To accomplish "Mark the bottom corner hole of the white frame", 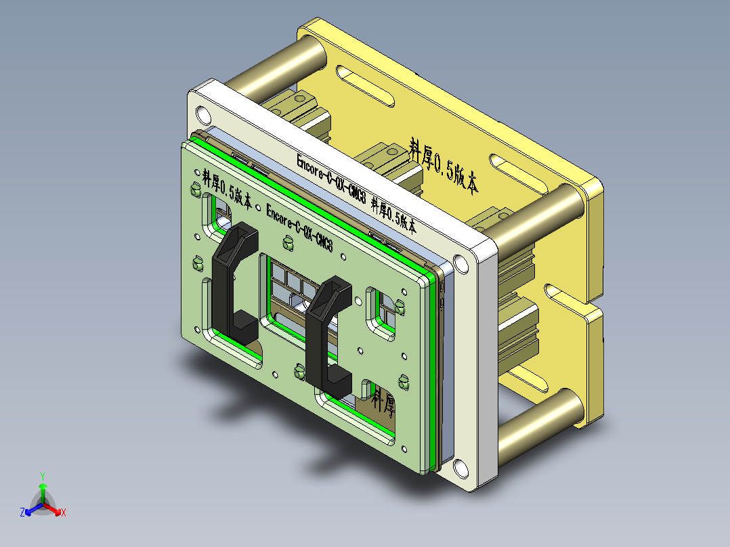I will [x=460, y=467].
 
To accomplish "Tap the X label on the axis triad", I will [x=64, y=513].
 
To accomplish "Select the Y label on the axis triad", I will [x=42, y=476].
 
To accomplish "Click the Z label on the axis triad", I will [x=22, y=513].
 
